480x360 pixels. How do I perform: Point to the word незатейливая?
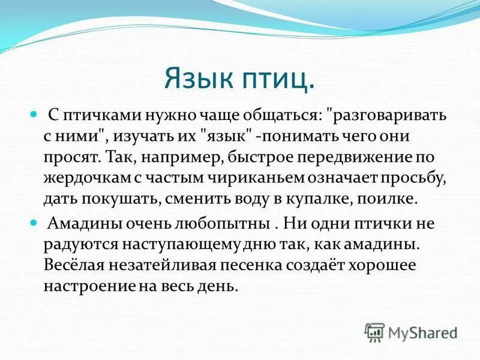point(163,266)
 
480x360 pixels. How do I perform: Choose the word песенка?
point(255,266)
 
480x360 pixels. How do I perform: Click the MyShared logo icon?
point(374,332)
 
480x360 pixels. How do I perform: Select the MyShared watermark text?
point(422,332)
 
